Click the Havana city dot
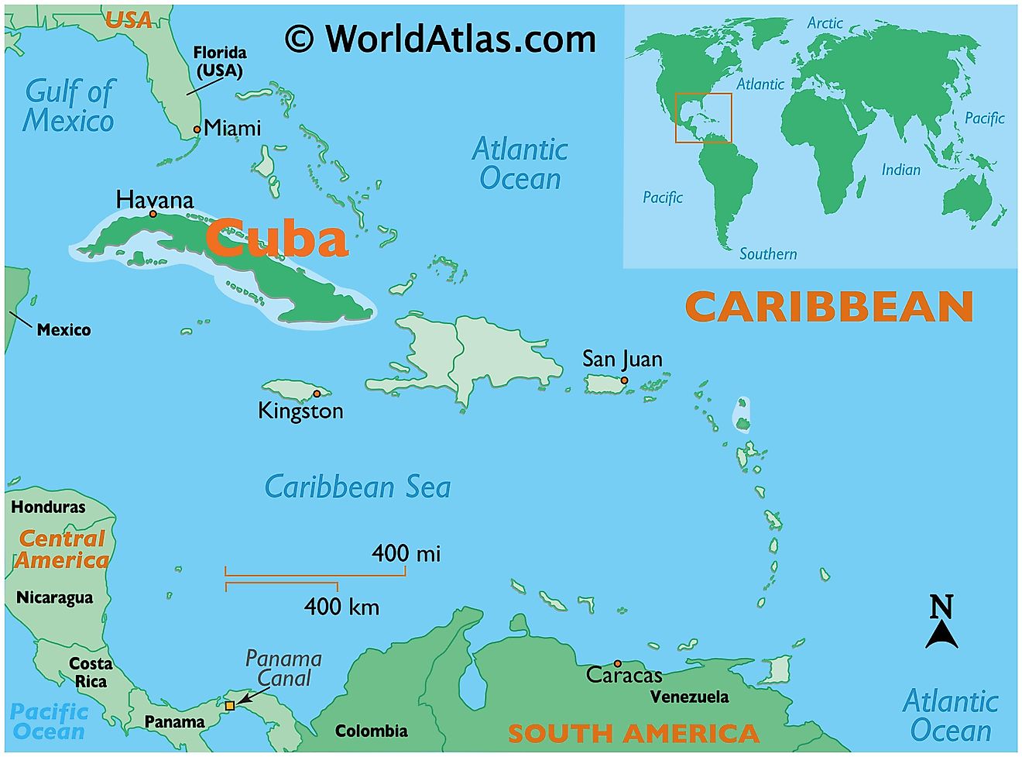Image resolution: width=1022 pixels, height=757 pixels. [x=153, y=214]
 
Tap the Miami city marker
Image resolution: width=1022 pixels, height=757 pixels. [x=197, y=129]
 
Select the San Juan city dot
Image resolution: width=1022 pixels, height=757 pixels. [x=624, y=380]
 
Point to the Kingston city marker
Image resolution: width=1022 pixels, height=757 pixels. [x=317, y=394]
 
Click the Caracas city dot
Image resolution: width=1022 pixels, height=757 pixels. [x=617, y=663]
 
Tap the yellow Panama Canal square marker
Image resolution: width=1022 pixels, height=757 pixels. [x=230, y=706]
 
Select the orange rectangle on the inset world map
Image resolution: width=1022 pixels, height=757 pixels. [x=703, y=118]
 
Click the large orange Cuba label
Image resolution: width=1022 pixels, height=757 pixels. [x=276, y=238]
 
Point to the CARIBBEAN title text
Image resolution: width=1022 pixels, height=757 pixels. [x=829, y=307]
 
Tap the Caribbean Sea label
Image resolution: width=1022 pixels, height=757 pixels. [x=358, y=487]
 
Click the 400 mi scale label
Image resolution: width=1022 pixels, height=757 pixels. [x=406, y=553]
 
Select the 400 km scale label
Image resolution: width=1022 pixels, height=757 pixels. [x=341, y=606]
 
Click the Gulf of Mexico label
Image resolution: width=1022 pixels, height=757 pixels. [x=69, y=106]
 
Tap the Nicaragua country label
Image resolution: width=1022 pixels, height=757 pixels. [x=54, y=597]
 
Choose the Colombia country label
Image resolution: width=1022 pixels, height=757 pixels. [x=371, y=731]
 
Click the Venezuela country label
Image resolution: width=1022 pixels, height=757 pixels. [x=689, y=697]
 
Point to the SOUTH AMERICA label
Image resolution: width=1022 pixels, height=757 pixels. [x=633, y=733]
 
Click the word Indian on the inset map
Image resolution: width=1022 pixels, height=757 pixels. [x=901, y=170]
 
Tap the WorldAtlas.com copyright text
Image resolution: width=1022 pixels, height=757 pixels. [x=441, y=39]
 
